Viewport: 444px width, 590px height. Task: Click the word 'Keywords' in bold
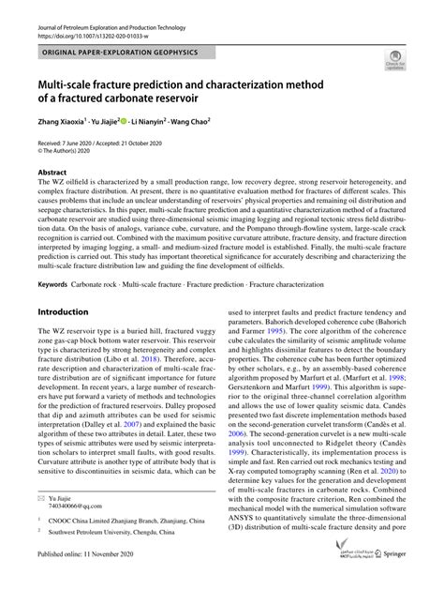click(x=52, y=282)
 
